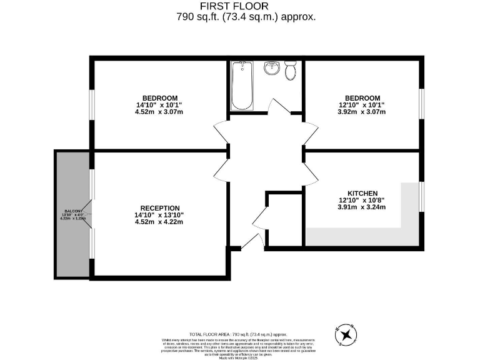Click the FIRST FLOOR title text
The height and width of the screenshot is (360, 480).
click(239, 6)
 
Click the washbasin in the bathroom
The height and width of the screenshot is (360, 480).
click(271, 67)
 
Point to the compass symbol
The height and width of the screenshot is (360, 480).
click(344, 336)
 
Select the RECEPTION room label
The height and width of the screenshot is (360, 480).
click(160, 208)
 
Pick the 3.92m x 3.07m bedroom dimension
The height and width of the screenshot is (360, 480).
click(362, 112)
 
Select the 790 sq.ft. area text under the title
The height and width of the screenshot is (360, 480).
click(246, 17)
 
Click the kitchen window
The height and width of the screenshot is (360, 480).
click(421, 197)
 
